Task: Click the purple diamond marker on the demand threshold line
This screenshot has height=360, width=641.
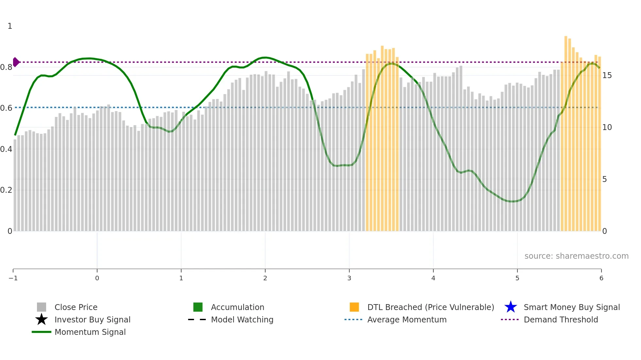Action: (16, 62)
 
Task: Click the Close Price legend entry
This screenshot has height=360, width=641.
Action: (76, 307)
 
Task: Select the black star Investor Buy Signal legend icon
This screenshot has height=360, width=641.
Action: (42, 319)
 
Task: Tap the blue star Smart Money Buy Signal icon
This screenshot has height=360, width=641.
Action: (511, 307)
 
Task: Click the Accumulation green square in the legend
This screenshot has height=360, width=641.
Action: (198, 307)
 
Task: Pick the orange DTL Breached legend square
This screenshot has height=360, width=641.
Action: (354, 307)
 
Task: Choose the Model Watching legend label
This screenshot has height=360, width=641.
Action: (242, 319)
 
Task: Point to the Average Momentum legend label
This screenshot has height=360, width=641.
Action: (407, 319)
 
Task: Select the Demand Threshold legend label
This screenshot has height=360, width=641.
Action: (561, 319)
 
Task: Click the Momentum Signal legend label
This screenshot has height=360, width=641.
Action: (90, 332)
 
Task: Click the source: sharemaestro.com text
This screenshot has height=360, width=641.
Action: (576, 256)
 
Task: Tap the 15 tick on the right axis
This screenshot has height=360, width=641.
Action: (607, 75)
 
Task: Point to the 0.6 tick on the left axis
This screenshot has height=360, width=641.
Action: (6, 108)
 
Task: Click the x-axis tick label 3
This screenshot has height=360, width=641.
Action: (349, 278)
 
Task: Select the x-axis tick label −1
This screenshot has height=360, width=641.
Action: (13, 278)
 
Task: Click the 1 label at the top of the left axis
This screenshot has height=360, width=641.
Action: (10, 26)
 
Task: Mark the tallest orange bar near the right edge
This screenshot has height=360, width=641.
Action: (566, 131)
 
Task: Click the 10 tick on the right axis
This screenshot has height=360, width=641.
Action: (607, 127)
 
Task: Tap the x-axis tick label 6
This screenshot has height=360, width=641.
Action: (601, 278)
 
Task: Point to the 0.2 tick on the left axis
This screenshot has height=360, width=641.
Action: (6, 190)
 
